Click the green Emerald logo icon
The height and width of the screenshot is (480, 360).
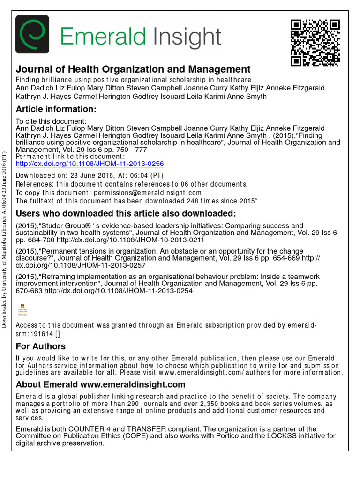pos(32,35)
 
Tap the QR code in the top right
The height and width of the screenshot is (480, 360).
pos(315,43)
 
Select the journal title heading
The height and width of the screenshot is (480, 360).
pos(133,69)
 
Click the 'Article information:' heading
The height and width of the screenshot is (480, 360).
pos(56,109)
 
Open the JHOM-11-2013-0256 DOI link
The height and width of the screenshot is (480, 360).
pos(90,164)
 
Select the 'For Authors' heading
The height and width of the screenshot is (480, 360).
pos(41,346)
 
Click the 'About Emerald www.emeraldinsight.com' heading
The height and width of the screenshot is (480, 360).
pos(100,384)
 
